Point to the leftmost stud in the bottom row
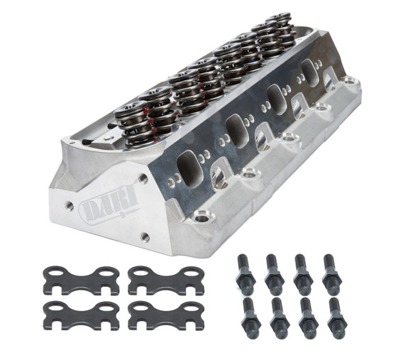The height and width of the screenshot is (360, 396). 251,317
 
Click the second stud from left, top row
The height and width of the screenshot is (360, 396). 272,273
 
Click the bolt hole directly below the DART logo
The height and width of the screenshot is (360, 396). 144,237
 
